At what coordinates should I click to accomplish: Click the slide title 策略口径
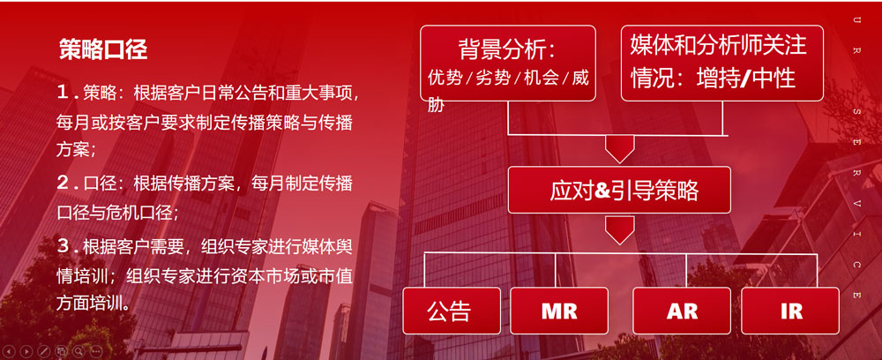pyautogui.click(x=103, y=50)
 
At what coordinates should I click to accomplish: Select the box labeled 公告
pyautogui.click(x=452, y=311)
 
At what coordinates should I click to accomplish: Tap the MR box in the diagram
pyautogui.click(x=559, y=311)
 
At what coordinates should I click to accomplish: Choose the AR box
pyautogui.click(x=682, y=311)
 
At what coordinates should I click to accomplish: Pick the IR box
pyautogui.click(x=789, y=311)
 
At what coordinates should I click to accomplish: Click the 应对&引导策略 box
pyautogui.click(x=619, y=190)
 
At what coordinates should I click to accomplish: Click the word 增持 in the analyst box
pyautogui.click(x=718, y=78)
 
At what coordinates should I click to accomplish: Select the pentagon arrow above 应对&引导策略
pyautogui.click(x=619, y=149)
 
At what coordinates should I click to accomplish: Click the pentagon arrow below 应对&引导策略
pyautogui.click(x=619, y=230)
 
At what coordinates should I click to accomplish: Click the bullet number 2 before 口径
pyautogui.click(x=64, y=183)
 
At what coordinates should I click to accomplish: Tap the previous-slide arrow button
pyautogui.click(x=10, y=351)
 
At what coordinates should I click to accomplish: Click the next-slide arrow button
pyautogui.click(x=26, y=351)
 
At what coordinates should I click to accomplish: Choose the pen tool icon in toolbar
pyautogui.click(x=43, y=351)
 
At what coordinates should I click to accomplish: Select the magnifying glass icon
pyautogui.click(x=78, y=351)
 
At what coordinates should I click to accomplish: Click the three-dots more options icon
pyautogui.click(x=95, y=351)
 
